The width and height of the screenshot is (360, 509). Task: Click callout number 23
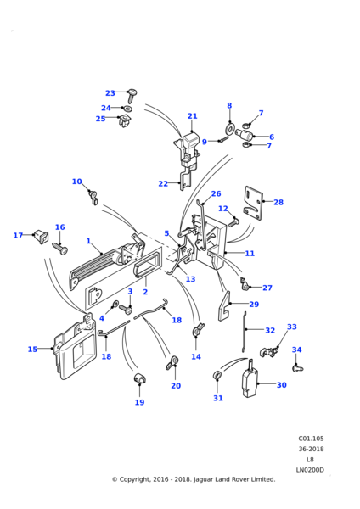pyautogui.click(x=110, y=93)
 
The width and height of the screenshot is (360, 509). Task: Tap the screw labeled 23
pyautogui.click(x=132, y=96)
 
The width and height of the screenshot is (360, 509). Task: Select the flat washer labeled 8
pyautogui.click(x=230, y=129)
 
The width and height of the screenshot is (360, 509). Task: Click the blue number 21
pyautogui.click(x=193, y=116)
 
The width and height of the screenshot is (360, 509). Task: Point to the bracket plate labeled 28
pyautogui.click(x=253, y=204)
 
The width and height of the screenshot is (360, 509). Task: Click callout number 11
pyautogui.click(x=250, y=253)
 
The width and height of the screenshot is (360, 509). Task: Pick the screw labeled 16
pyautogui.click(x=60, y=249)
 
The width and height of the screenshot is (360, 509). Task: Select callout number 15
pyautogui.click(x=32, y=350)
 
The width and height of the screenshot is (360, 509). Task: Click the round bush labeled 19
pyautogui.click(x=140, y=378)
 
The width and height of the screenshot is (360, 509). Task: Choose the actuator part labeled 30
pyautogui.click(x=250, y=382)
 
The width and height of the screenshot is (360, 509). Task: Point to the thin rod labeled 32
pyautogui.click(x=244, y=332)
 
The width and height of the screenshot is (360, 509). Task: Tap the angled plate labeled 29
pyautogui.click(x=224, y=305)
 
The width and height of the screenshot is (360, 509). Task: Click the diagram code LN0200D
pyautogui.click(x=310, y=470)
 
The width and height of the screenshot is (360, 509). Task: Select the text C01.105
pyautogui.click(x=311, y=439)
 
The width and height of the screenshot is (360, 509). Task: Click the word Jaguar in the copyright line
pyautogui.click(x=202, y=479)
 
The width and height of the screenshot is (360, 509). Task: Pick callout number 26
pyautogui.click(x=216, y=193)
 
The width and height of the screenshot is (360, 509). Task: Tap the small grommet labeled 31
pyautogui.click(x=217, y=375)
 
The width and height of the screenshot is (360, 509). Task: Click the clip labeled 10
pyautogui.click(x=93, y=198)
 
